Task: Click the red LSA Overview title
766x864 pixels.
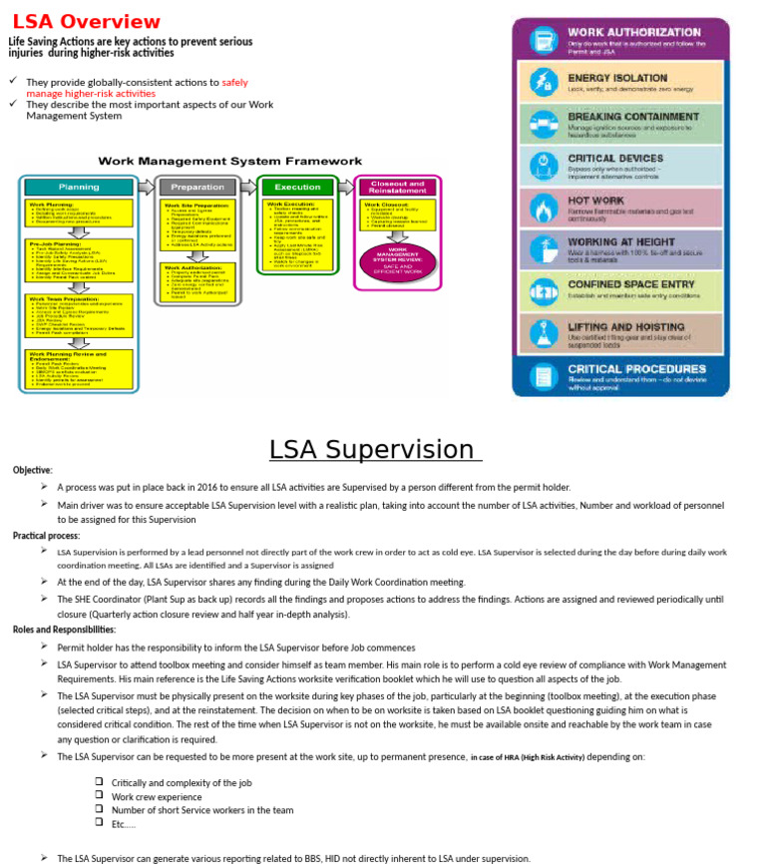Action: [x=86, y=22]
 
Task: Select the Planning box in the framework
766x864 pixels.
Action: [x=79, y=187]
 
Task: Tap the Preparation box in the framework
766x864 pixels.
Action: [x=197, y=187]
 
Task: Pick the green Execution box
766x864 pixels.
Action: [x=297, y=187]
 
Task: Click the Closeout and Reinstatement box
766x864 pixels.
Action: [x=397, y=187]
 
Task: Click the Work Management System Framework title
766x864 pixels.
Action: [x=229, y=161]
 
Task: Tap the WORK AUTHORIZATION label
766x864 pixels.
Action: [x=633, y=33]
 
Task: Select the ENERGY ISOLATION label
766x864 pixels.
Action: [x=616, y=78]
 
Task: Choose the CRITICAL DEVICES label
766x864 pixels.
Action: [x=614, y=158]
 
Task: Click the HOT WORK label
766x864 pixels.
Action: [x=595, y=201]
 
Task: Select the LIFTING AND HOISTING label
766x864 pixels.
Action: [x=626, y=326]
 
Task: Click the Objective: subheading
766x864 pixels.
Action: [x=32, y=470]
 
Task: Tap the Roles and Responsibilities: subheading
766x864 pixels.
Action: [x=64, y=630]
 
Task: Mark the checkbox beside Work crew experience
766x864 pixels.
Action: [x=100, y=796]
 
